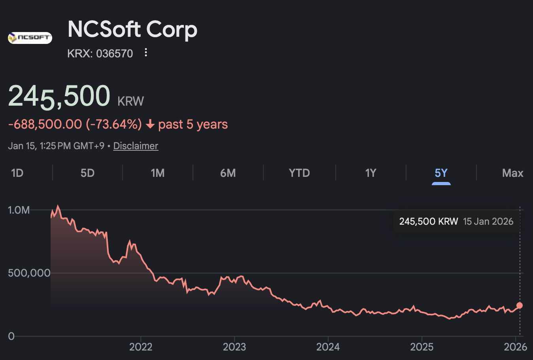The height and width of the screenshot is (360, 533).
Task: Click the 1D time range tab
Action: tap(17, 173)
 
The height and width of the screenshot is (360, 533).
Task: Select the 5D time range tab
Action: tap(87, 173)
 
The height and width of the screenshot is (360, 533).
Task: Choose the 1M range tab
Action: tap(157, 173)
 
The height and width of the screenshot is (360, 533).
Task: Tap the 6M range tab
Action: tap(228, 173)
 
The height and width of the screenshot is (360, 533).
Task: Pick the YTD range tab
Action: tap(299, 173)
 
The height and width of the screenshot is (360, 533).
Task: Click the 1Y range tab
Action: tap(370, 173)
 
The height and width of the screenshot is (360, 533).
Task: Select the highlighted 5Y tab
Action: tap(441, 173)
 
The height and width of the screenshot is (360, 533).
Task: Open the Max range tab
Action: tap(512, 173)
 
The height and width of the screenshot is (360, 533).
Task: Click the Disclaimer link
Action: tap(136, 146)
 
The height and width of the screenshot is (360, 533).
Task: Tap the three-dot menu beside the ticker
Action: tap(146, 53)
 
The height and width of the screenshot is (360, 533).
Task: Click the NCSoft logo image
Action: tap(30, 38)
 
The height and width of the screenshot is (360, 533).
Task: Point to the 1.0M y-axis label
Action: tap(19, 210)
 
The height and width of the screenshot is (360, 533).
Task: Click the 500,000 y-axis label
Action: tap(29, 273)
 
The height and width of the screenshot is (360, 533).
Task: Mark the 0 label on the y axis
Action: tap(11, 336)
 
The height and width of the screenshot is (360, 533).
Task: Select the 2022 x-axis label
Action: tap(141, 347)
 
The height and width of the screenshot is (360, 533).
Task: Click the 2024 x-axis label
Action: tap(328, 347)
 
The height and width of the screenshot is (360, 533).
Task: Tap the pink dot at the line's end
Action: tap(520, 305)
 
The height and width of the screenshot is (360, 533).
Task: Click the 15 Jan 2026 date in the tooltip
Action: tap(488, 222)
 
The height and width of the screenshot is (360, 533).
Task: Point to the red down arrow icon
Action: tap(150, 125)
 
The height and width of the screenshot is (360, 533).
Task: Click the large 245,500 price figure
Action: tap(59, 96)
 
